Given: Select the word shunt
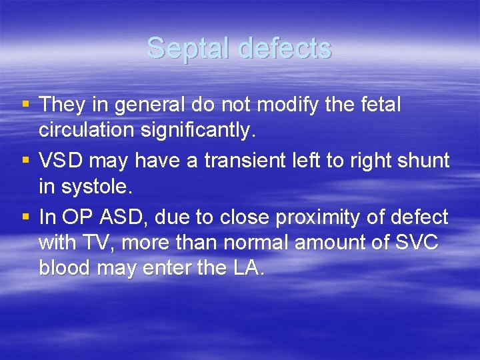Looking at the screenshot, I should (x=425, y=161).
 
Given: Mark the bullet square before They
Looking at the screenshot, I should (x=25, y=105).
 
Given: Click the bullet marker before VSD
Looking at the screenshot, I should (x=25, y=161).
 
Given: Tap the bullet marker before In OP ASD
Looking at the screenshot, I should (x=25, y=217).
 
